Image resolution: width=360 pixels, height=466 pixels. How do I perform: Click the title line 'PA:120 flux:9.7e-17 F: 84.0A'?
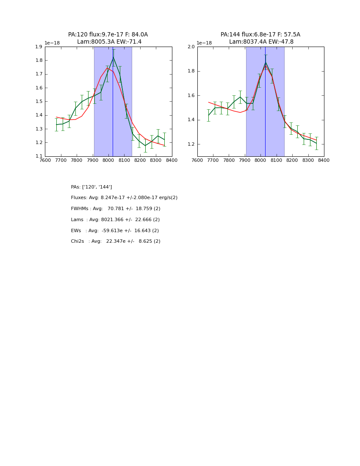tap(108, 35)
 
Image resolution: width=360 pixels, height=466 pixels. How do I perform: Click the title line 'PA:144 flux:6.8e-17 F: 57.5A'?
tap(260, 35)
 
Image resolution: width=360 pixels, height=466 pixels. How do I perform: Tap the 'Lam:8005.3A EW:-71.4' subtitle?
tap(109, 42)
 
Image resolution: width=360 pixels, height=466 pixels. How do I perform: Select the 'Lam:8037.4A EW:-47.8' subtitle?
tap(261, 42)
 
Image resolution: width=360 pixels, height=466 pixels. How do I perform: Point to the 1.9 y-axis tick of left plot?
tap(39, 47)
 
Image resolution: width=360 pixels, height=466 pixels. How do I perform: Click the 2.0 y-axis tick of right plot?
tap(191, 47)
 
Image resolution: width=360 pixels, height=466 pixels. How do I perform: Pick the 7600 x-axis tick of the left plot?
tap(45, 160)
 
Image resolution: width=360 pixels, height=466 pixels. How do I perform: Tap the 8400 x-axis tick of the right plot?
tap(324, 160)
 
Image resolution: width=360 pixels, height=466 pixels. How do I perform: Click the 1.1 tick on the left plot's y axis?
tap(39, 156)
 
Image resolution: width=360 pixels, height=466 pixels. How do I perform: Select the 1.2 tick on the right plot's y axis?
tap(191, 144)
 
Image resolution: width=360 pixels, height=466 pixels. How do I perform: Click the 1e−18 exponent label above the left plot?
tap(52, 43)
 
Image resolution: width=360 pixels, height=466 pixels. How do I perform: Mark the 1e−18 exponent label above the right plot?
tap(204, 43)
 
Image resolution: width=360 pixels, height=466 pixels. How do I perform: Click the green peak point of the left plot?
tap(113, 58)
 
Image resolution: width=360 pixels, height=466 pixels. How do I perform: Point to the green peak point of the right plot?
tap(266, 63)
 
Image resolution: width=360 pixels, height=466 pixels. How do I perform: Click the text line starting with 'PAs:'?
tap(91, 187)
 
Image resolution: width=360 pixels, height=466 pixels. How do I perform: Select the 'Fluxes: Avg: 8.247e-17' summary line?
tap(124, 198)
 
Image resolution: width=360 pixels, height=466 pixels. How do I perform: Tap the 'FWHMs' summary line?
tap(116, 209)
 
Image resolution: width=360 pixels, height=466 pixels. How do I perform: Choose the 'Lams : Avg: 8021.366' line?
tap(115, 220)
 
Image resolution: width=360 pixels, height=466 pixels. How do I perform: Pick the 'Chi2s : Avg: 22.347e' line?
tap(116, 241)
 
